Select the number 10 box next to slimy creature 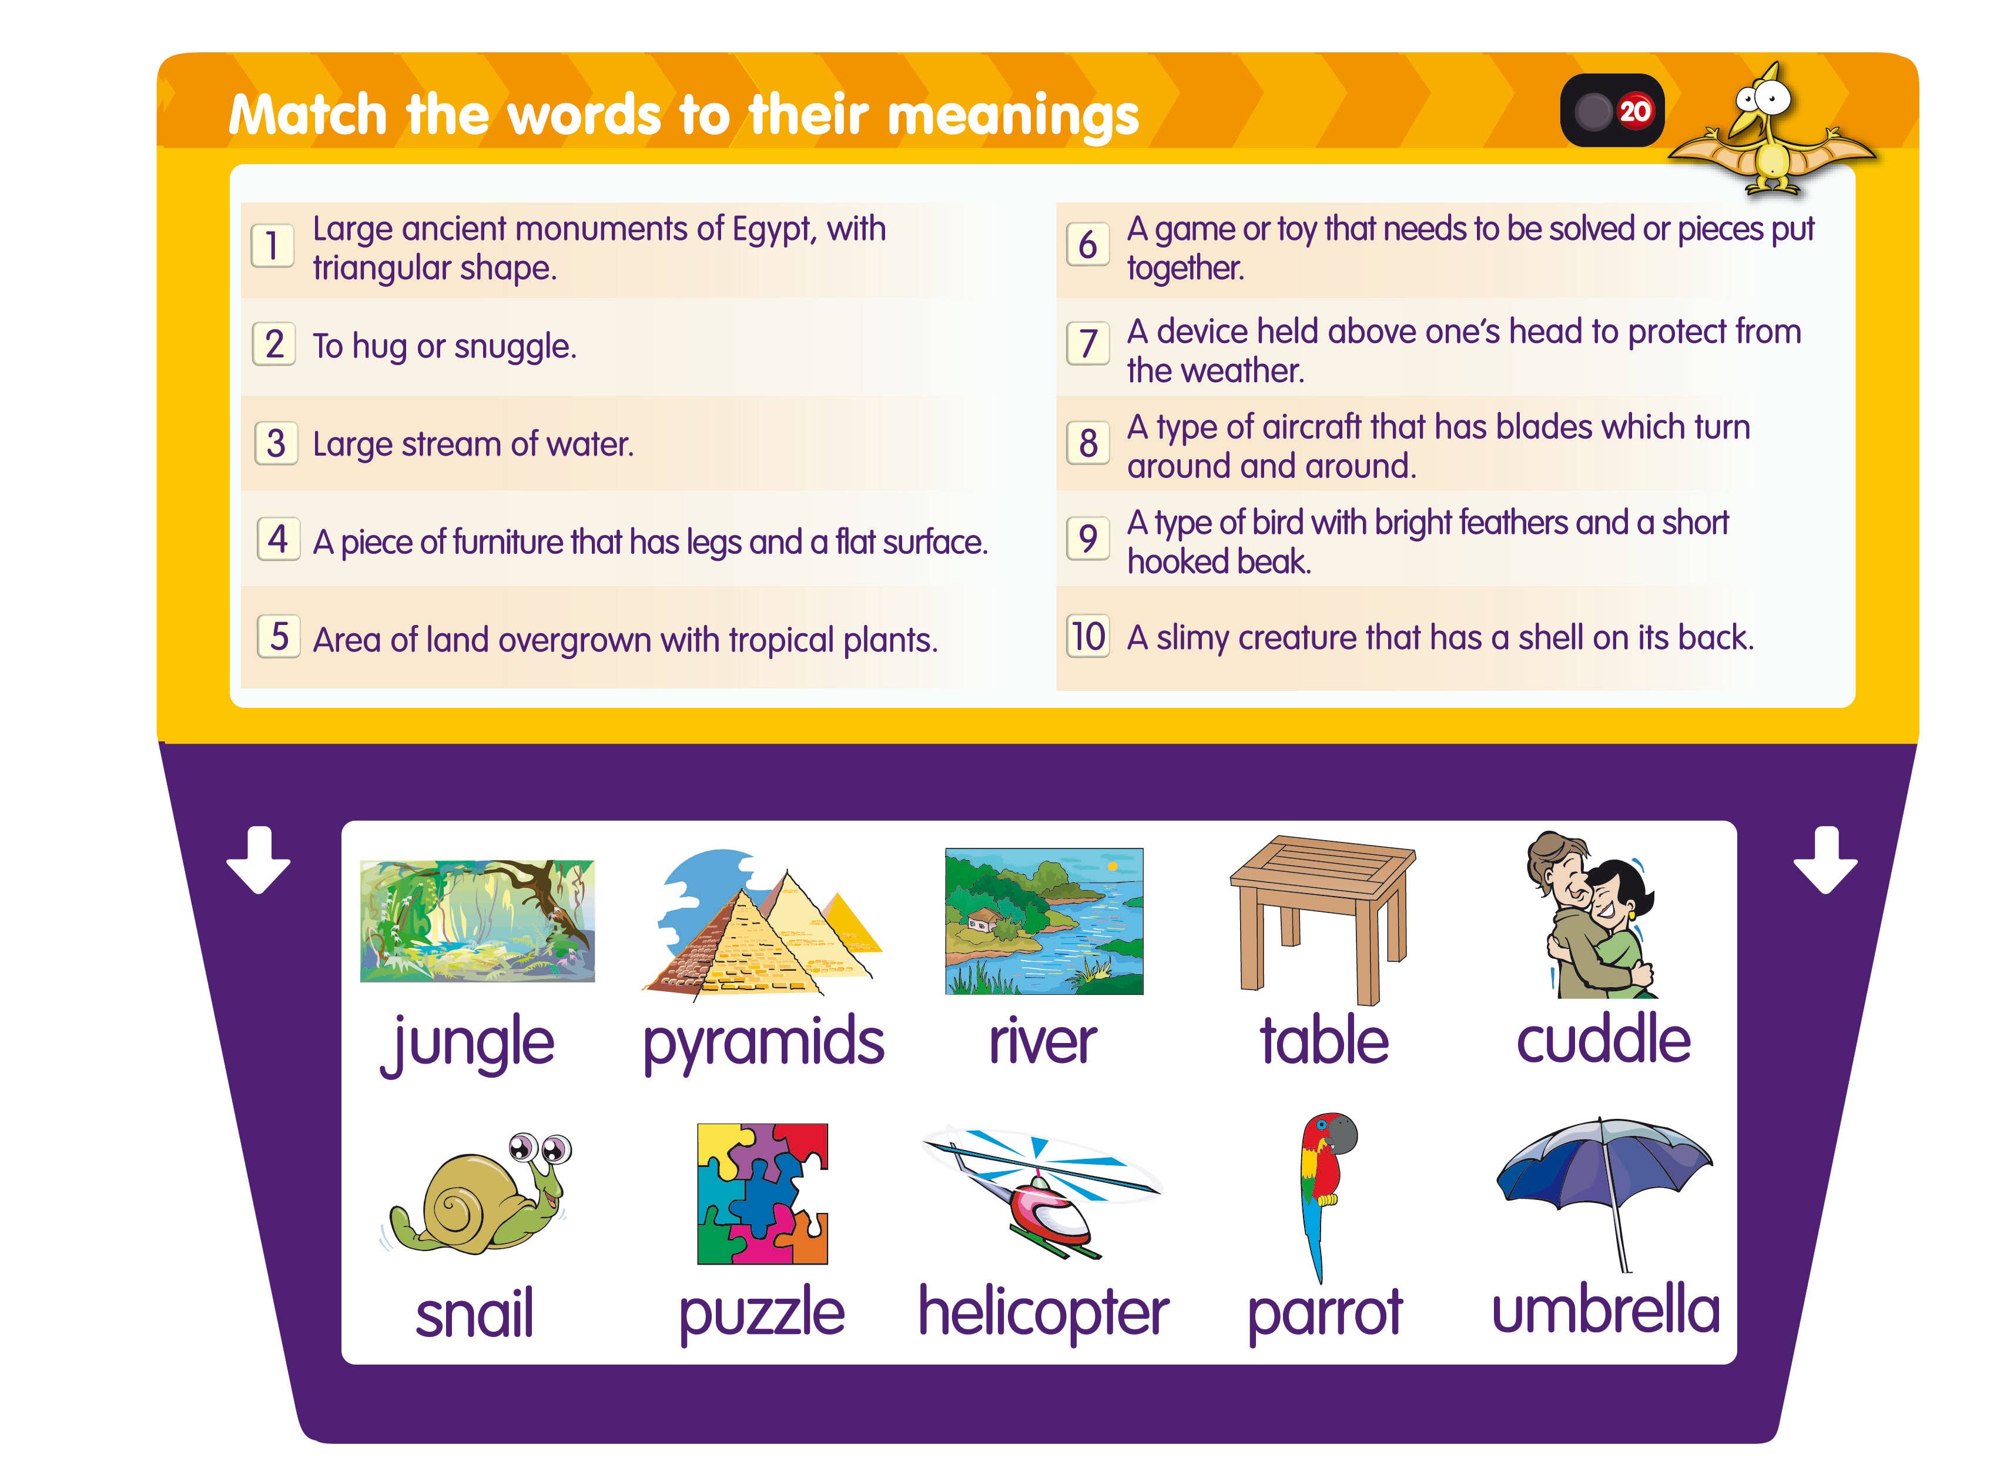(x=1088, y=637)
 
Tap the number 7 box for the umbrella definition (x=1088, y=344)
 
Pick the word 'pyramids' (x=763, y=1042)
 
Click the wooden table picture (x=1322, y=917)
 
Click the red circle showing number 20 (x=1634, y=111)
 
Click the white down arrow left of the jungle (x=258, y=860)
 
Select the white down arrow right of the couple (x=1825, y=860)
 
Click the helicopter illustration (x=1041, y=1193)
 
